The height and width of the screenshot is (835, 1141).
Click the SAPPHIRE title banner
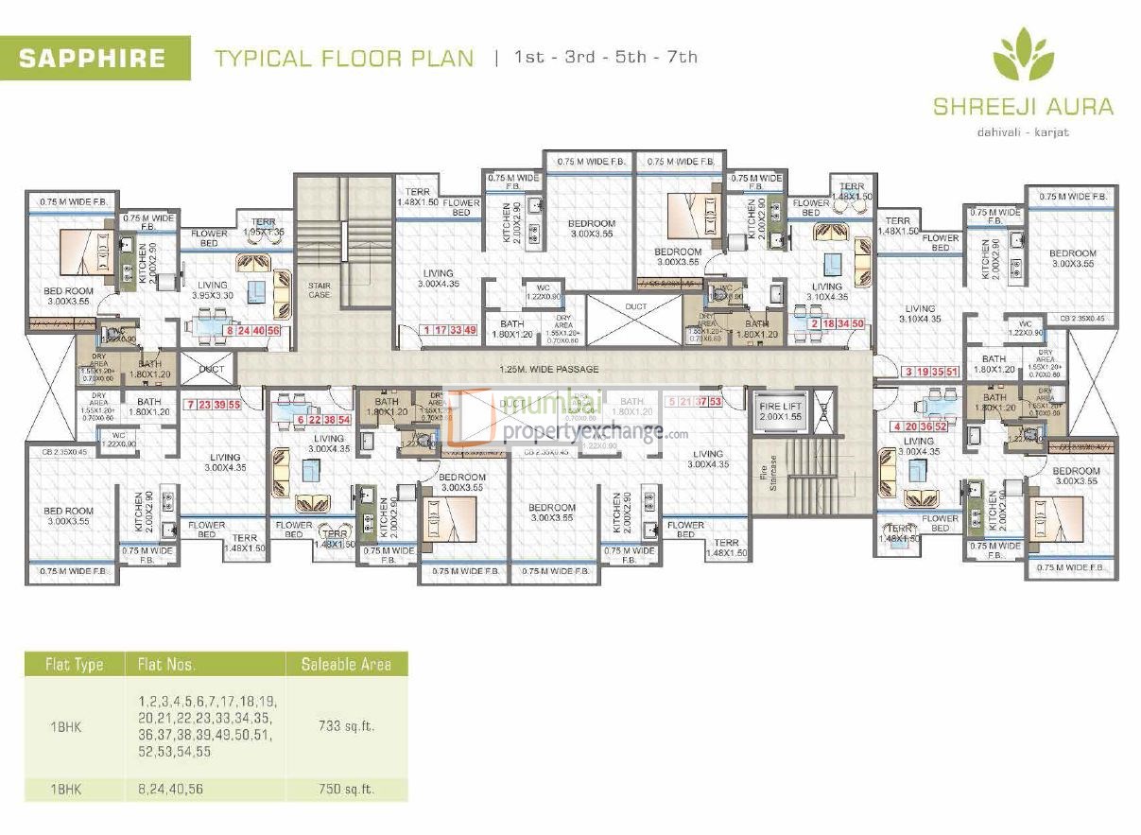(x=95, y=58)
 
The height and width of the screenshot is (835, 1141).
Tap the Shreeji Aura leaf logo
(x=1023, y=55)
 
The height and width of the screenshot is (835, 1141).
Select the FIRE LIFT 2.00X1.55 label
(x=781, y=410)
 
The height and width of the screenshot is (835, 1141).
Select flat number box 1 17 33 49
(x=451, y=330)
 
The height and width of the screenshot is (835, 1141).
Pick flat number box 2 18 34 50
(x=838, y=324)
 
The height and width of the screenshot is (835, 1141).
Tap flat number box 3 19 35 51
(x=931, y=371)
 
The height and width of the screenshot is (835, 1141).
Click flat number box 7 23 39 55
(x=215, y=404)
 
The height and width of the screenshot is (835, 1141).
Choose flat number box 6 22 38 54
(x=323, y=419)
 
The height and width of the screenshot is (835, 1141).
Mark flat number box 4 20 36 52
(x=919, y=426)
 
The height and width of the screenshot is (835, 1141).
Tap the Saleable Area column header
(x=346, y=664)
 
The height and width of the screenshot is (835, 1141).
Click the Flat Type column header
(x=74, y=664)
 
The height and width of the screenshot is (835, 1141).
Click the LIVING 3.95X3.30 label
(x=212, y=290)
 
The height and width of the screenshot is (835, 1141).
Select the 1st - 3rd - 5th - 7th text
(x=605, y=58)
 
